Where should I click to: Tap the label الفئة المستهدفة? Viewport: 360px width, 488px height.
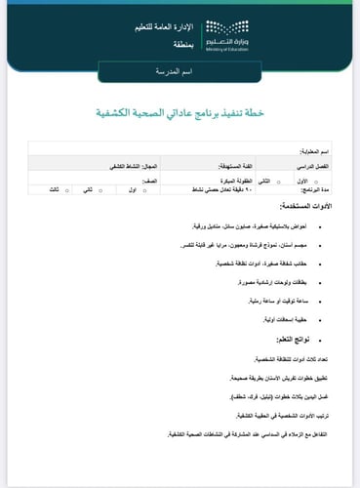[225, 168]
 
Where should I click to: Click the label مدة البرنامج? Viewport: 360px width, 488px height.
[311, 190]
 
